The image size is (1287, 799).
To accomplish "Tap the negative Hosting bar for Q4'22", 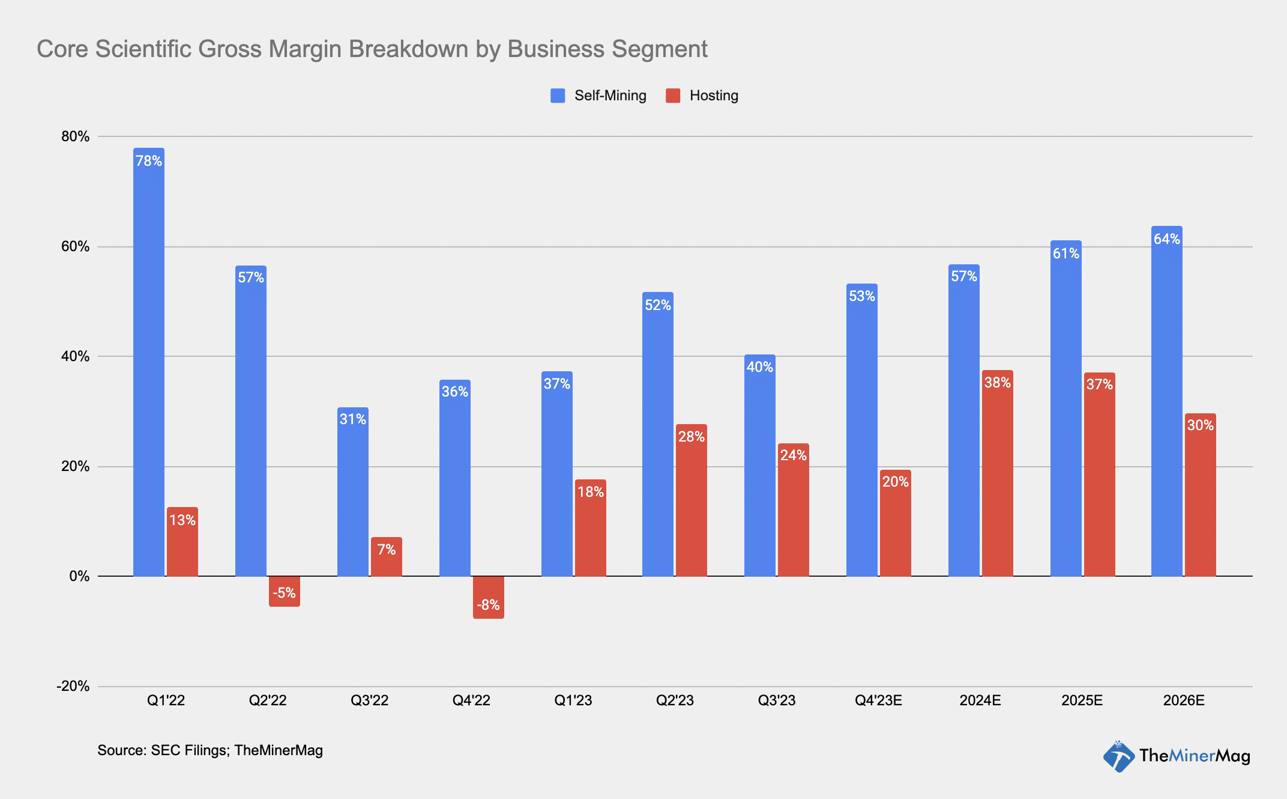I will [x=489, y=598].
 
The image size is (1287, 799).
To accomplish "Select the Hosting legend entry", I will [x=702, y=96].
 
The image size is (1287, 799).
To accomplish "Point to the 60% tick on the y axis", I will [x=76, y=246].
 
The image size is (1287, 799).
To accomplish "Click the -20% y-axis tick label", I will [x=73, y=686].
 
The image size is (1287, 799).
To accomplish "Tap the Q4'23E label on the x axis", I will [x=878, y=700].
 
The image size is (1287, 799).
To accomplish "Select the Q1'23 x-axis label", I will [x=573, y=700].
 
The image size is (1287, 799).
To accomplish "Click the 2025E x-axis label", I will [x=1082, y=700].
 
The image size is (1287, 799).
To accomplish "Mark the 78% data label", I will [x=149, y=161].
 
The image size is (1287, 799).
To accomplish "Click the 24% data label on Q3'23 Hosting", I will [x=794, y=455].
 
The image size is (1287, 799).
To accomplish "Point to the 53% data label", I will [x=862, y=296].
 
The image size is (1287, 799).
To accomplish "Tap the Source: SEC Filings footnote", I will [x=210, y=750].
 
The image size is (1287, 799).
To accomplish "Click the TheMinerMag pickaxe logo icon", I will [x=1118, y=756].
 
